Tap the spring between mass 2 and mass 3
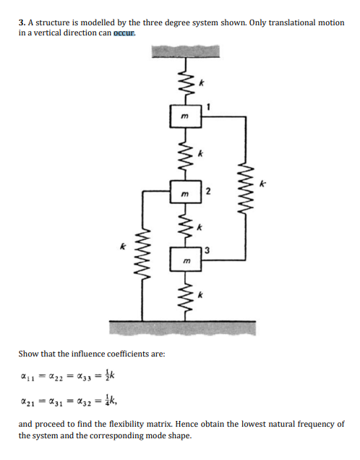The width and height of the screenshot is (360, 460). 184,225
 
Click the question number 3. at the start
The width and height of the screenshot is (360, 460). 22,23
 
